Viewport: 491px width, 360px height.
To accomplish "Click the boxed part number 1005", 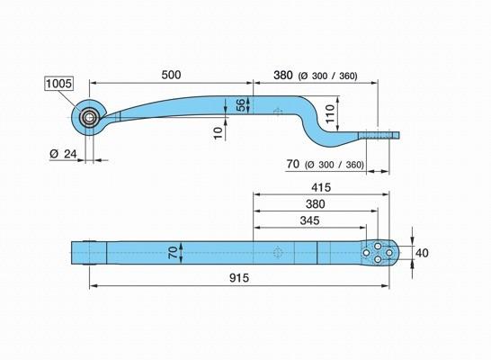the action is click(x=58, y=84).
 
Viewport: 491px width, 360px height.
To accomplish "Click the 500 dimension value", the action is click(x=171, y=75).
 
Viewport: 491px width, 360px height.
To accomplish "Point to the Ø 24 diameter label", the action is click(x=63, y=154).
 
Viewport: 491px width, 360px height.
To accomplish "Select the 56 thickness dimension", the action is click(x=240, y=105).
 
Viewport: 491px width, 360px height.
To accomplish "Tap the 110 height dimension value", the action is click(x=330, y=113).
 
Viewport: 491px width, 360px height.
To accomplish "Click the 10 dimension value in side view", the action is click(x=218, y=133).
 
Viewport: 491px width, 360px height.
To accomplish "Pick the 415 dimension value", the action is click(x=321, y=187).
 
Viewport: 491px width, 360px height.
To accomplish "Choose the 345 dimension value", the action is click(x=309, y=220).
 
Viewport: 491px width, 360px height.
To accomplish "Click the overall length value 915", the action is click(x=239, y=278).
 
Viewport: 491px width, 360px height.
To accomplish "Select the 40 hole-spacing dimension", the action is click(x=422, y=253).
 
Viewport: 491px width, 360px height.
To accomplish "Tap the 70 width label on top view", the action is click(x=174, y=252).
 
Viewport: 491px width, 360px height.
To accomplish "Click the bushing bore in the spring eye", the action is click(x=89, y=118).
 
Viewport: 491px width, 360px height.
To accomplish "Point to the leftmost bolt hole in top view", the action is click(x=366, y=252).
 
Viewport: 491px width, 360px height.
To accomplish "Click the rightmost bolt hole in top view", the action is click(x=389, y=252).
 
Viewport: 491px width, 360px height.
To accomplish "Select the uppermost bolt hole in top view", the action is click(x=378, y=246).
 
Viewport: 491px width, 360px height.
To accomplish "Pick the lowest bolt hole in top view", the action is click(x=378, y=259).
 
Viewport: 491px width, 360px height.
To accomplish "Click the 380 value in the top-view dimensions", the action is click(x=316, y=204).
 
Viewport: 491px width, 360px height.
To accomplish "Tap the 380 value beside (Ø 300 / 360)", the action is click(x=283, y=76).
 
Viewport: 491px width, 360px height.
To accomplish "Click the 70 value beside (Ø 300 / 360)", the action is click(x=293, y=164).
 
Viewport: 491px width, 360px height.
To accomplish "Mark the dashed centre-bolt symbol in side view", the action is click(x=278, y=112).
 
